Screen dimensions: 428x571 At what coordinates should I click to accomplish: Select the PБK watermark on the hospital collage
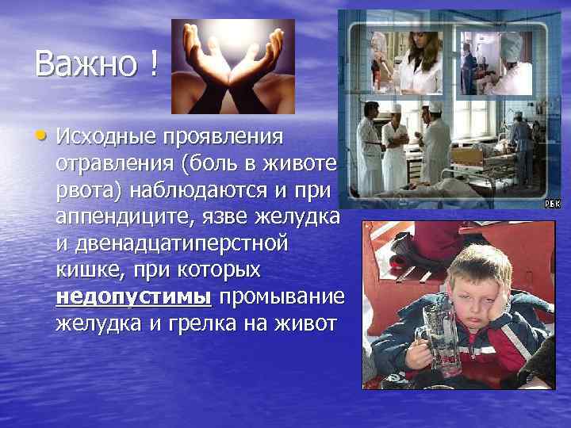point(552,204)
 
